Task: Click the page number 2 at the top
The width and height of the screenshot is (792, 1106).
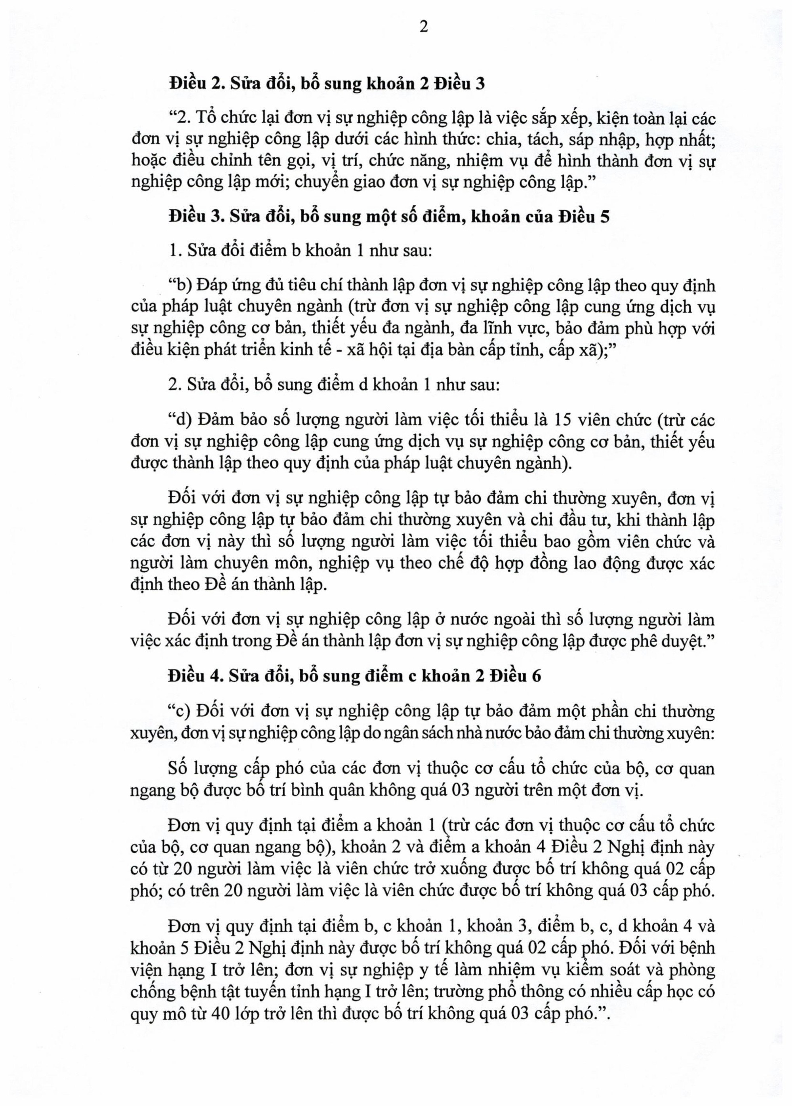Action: [424, 27]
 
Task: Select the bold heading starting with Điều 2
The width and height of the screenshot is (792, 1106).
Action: [327, 84]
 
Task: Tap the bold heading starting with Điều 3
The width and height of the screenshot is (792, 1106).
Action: [389, 217]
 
